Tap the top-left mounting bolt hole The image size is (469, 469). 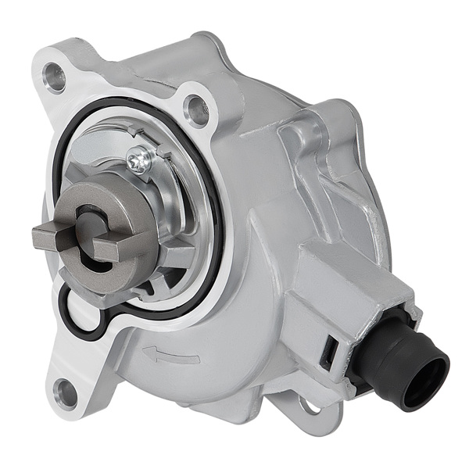pos(55,77)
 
